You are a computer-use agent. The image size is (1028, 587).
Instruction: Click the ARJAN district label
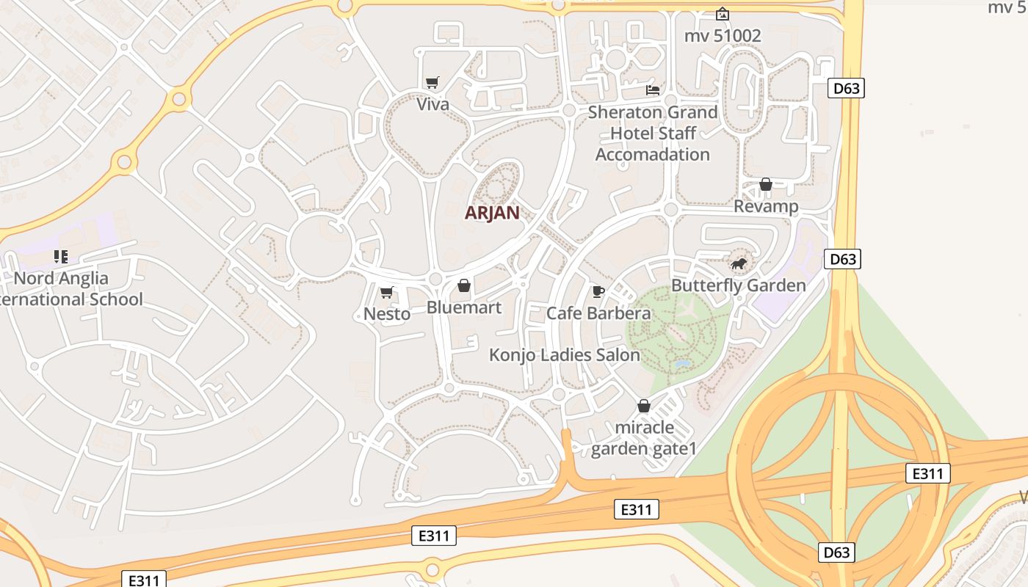492,213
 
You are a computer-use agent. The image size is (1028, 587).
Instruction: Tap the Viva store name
432,104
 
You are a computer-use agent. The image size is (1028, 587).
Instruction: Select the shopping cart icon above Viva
432,83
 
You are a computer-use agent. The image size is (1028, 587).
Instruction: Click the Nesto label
387,314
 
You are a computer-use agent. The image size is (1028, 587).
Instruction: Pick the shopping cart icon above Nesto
386,293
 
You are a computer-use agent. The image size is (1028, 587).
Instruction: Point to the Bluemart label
464,307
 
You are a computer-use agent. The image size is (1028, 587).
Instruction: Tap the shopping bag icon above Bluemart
464,285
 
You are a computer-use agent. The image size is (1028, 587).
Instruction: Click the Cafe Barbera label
598,313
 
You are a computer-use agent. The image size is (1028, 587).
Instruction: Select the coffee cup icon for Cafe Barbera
598,292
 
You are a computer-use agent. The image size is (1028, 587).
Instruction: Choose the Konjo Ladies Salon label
565,355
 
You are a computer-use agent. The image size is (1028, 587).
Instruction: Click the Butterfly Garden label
739,285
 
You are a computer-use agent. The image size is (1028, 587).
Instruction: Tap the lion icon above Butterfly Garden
738,263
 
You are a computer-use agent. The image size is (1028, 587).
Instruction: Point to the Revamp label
766,206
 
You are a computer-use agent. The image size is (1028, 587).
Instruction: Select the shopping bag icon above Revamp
765,184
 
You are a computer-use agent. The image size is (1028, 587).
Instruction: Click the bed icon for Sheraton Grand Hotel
652,90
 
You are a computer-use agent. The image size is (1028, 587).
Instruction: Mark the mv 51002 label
723,36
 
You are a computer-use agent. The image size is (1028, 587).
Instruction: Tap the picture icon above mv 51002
723,14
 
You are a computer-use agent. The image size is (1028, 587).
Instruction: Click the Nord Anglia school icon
61,257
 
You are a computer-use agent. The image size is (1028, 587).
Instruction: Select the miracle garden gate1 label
644,438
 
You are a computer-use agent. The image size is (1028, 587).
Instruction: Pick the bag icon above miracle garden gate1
644,406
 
